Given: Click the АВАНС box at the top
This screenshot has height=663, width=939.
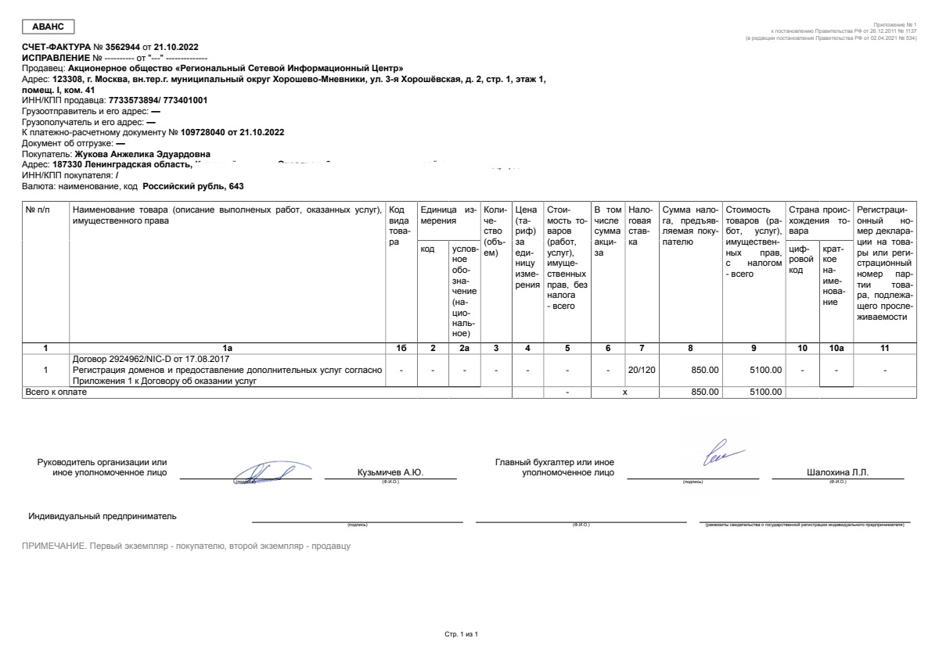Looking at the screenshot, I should tap(48, 27).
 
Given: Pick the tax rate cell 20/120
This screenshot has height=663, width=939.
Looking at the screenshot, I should tap(641, 370).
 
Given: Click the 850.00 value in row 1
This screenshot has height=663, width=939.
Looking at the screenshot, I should tap(704, 370).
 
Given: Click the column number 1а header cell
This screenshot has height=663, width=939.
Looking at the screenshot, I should tap(228, 347).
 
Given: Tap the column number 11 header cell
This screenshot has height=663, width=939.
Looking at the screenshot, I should tap(885, 347).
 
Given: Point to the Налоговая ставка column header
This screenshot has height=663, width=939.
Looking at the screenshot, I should tap(641, 226).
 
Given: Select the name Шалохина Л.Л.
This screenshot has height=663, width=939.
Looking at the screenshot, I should tap(837, 473).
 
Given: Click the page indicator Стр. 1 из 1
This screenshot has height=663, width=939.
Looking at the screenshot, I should tap(461, 633).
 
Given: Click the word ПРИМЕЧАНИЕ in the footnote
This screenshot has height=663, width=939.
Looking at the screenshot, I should tap(52, 546).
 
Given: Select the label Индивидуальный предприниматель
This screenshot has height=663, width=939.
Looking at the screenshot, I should tap(103, 516).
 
